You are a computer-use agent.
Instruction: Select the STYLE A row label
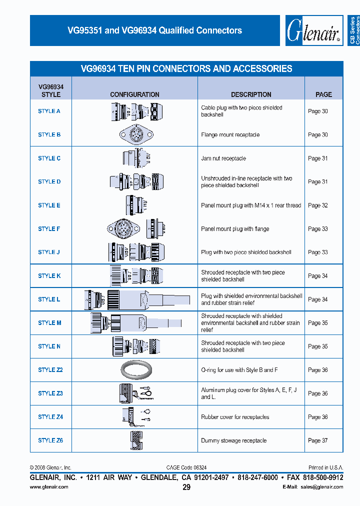pyautogui.click(x=49, y=111)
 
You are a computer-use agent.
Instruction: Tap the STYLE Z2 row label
pyautogui.click(x=50, y=370)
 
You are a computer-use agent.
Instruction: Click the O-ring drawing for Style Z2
pyautogui.click(x=136, y=370)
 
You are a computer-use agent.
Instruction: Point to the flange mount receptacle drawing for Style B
pyautogui.click(x=135, y=134)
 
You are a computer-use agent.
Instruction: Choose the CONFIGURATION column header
pyautogui.click(x=134, y=94)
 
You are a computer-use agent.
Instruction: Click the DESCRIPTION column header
pyautogui.click(x=251, y=94)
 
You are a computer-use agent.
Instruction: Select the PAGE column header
pyautogui.click(x=323, y=94)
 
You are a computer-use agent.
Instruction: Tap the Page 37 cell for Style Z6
pyautogui.click(x=318, y=440)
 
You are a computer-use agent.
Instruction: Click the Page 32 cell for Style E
pyautogui.click(x=318, y=205)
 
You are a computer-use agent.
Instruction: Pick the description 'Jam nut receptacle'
pyautogui.click(x=223, y=158)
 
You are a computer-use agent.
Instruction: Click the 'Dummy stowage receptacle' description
pyautogui.click(x=233, y=440)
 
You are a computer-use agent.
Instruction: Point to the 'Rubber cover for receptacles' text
pyautogui.click(x=235, y=417)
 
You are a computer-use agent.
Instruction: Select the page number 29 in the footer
pyautogui.click(x=186, y=487)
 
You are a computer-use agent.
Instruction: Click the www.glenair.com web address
pyautogui.click(x=49, y=487)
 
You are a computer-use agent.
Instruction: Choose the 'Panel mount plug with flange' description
pyautogui.click(x=235, y=229)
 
